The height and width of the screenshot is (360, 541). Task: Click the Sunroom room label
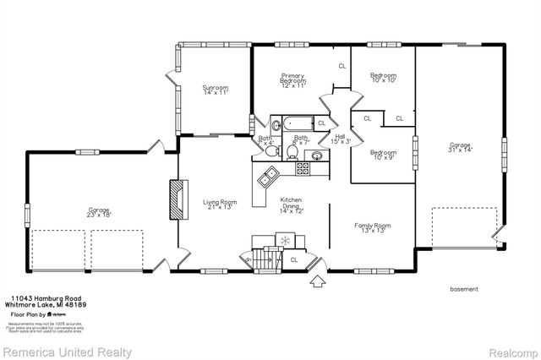coord(215,90)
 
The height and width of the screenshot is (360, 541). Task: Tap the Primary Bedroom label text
coord(292,81)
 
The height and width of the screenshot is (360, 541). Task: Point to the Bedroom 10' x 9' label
coord(383,155)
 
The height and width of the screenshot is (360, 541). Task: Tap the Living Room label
coord(220,204)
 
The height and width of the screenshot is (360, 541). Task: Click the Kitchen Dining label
coord(292,204)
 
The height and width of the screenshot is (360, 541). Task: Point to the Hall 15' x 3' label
coord(340,139)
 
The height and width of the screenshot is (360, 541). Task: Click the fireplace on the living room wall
coord(177,199)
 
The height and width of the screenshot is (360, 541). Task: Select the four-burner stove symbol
coord(301,168)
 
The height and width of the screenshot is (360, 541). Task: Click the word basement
coord(464,289)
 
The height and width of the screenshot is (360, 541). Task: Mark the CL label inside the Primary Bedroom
coord(342,65)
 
